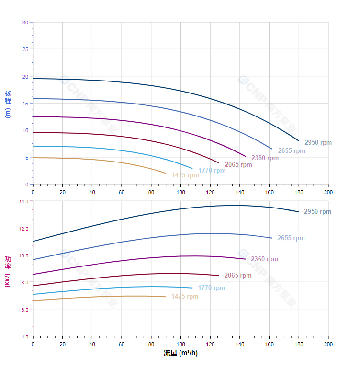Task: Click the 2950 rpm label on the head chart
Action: pos(318,143)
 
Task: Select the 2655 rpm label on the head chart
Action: pos(292,151)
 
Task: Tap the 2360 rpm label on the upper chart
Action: pos(265,158)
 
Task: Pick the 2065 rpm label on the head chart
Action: pos(238,165)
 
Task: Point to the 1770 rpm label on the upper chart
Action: pos(212,171)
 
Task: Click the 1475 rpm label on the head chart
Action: pos(185,175)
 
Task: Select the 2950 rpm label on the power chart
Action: pos(318,212)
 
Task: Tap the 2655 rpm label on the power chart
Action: pos(291,238)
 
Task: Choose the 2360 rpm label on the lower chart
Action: pos(264,259)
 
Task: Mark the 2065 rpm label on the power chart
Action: pos(238,276)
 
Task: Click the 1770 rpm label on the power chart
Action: pos(212,288)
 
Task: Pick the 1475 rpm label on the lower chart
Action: pos(185,297)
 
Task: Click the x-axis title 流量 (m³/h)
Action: pos(180,353)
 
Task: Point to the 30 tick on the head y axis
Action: pos(25,22)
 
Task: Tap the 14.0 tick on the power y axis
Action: pos(24,201)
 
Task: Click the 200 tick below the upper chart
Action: pos(328,192)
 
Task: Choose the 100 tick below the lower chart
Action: pos(180,344)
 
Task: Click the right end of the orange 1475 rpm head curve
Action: pos(166,173)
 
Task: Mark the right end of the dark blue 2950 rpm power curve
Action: pos(299,212)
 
